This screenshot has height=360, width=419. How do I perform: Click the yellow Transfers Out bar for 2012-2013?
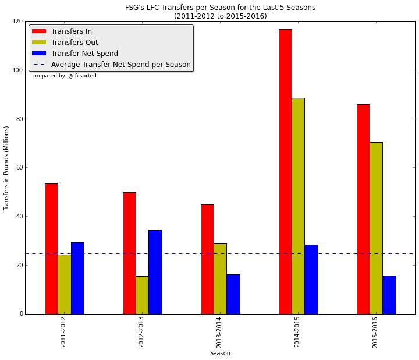(142, 295)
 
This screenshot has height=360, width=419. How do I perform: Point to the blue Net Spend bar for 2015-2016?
(389, 295)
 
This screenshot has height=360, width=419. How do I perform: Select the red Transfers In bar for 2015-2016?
(363, 209)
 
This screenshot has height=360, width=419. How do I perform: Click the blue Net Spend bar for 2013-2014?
(233, 294)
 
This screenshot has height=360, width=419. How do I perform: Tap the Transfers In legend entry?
(71, 31)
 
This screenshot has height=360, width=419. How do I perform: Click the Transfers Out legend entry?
(74, 43)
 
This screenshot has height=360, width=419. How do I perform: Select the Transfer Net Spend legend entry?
(84, 54)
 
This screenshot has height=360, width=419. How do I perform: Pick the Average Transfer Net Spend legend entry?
(120, 65)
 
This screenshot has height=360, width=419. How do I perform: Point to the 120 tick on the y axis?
(17, 21)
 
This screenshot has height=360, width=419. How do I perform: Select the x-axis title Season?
(220, 353)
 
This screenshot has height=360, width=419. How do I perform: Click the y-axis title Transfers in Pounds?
(7, 168)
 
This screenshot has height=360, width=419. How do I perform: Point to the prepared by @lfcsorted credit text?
(65, 76)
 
